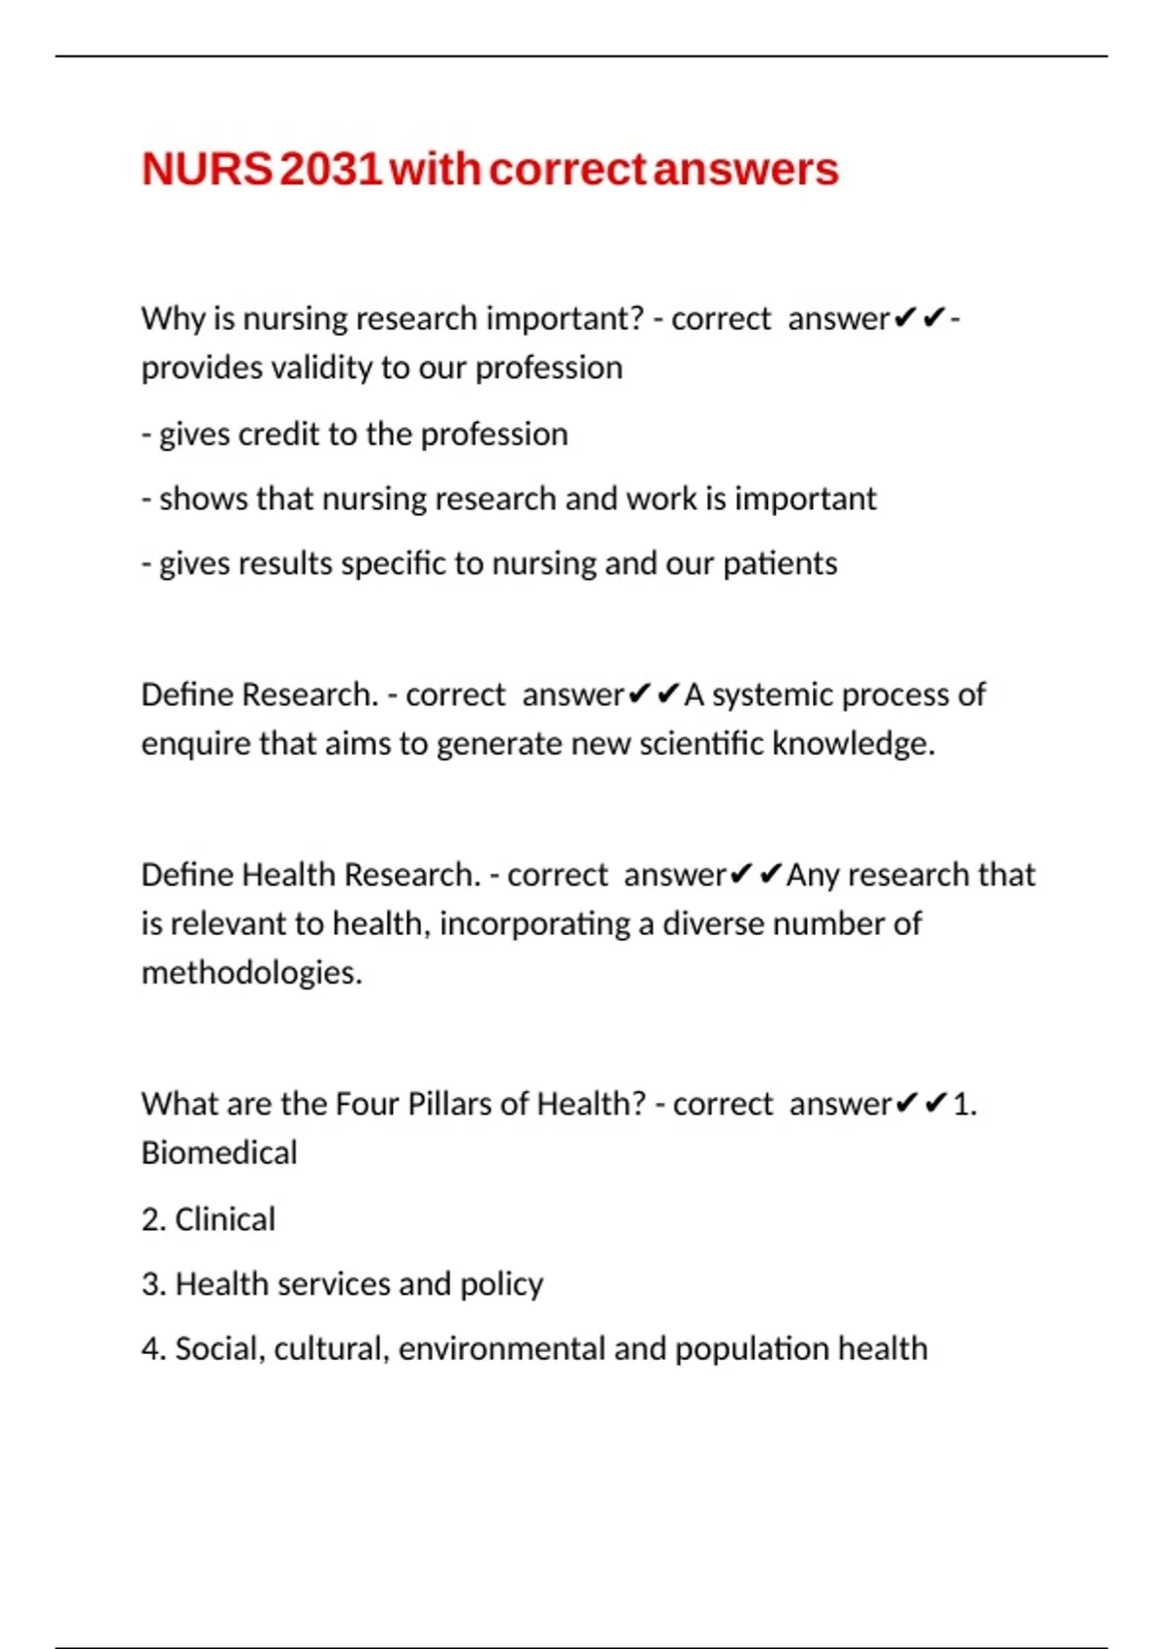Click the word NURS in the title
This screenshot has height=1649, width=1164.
[207, 170]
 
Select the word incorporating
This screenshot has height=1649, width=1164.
[534, 923]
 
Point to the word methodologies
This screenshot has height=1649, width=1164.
[251, 972]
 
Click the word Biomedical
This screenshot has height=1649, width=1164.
[219, 1152]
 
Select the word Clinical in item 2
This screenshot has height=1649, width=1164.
[225, 1219]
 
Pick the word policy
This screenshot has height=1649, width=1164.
[501, 1285]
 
